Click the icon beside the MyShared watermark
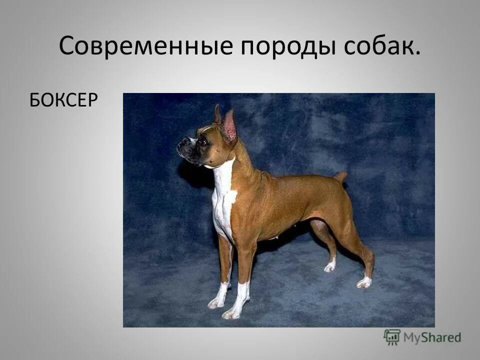click(392, 337)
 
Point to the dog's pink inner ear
click(230, 125)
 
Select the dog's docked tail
click(341, 176)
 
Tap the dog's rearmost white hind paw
click(364, 282)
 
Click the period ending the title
click(416, 53)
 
